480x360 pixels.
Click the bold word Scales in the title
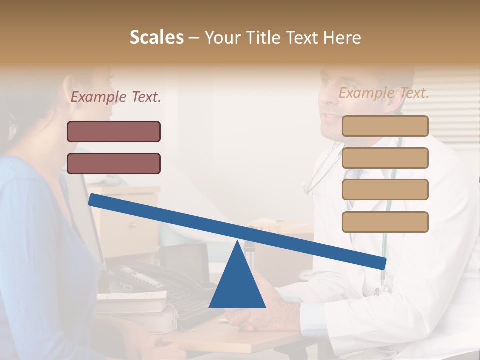coord(156,38)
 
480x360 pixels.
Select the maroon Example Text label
coord(116,97)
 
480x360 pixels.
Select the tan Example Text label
coord(384,93)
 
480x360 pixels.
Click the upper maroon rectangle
coord(114,132)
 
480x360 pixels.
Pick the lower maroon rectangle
coord(114,163)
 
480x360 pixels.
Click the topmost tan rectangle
coord(385,126)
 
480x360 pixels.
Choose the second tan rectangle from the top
coord(385,158)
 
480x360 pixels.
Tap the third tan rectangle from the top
coord(385,190)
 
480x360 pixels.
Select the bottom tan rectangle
coord(385,222)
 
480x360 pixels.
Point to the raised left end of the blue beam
coord(95,200)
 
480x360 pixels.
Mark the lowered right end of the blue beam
coord(381,262)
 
